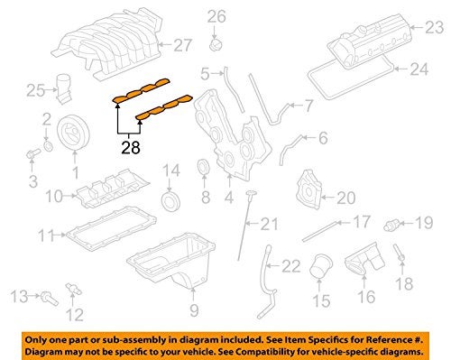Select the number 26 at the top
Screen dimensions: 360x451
[x=216, y=15]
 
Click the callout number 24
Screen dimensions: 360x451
[x=419, y=69]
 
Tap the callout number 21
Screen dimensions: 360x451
[x=271, y=225]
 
